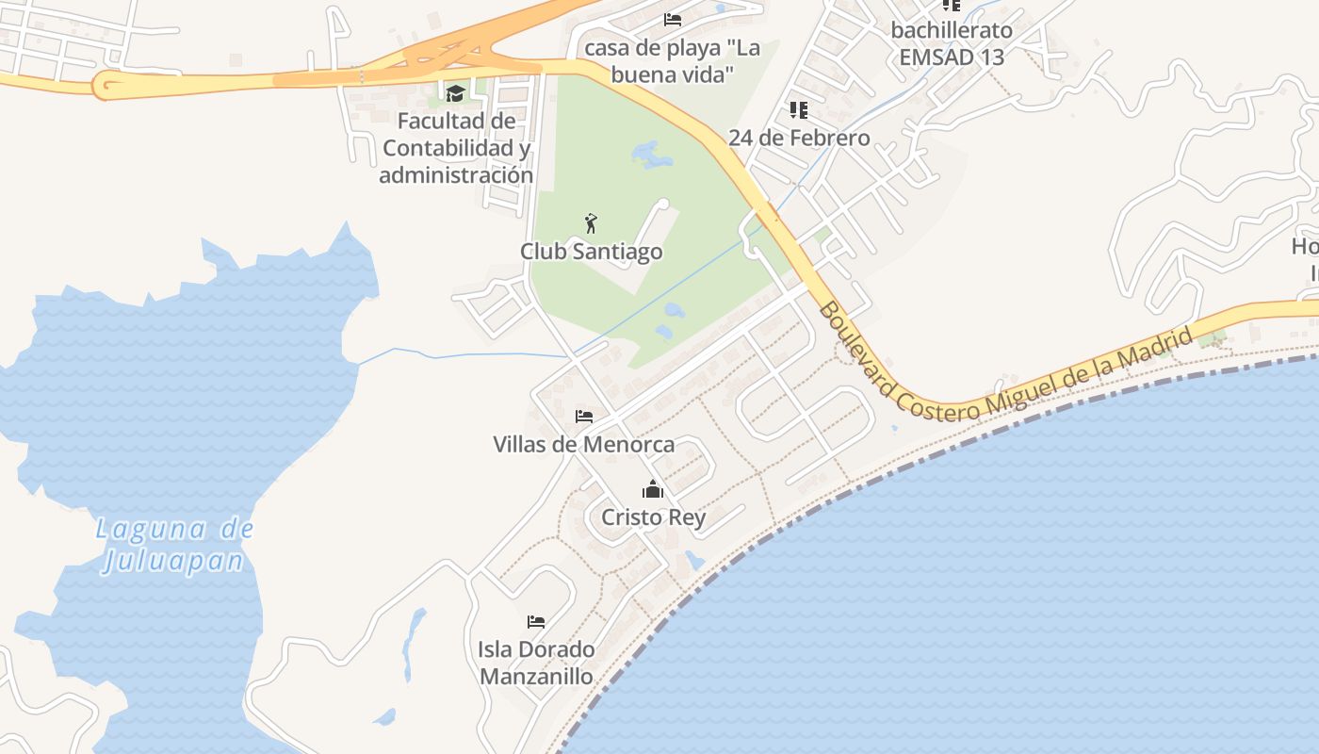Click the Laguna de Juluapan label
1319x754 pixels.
tap(174, 545)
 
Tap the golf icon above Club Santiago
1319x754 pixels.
tap(591, 223)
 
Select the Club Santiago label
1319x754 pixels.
tap(591, 252)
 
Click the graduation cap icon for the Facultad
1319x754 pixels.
tap(456, 92)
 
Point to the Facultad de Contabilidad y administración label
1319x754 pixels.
tap(456, 148)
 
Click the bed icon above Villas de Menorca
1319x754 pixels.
tap(584, 416)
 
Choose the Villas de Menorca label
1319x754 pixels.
tap(584, 444)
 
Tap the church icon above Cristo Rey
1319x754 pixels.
tap(653, 489)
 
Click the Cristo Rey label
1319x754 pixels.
tap(653, 517)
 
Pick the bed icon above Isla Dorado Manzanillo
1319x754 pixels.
tap(536, 621)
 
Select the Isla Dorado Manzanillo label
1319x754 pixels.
tap(536, 663)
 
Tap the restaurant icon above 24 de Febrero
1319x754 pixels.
tap(799, 110)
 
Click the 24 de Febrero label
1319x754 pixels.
tap(799, 138)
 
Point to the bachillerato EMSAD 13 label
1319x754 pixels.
tap(952, 43)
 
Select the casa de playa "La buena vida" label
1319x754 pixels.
tap(672, 60)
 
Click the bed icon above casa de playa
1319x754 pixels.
tap(672, 19)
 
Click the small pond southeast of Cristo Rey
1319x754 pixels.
tap(694, 560)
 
